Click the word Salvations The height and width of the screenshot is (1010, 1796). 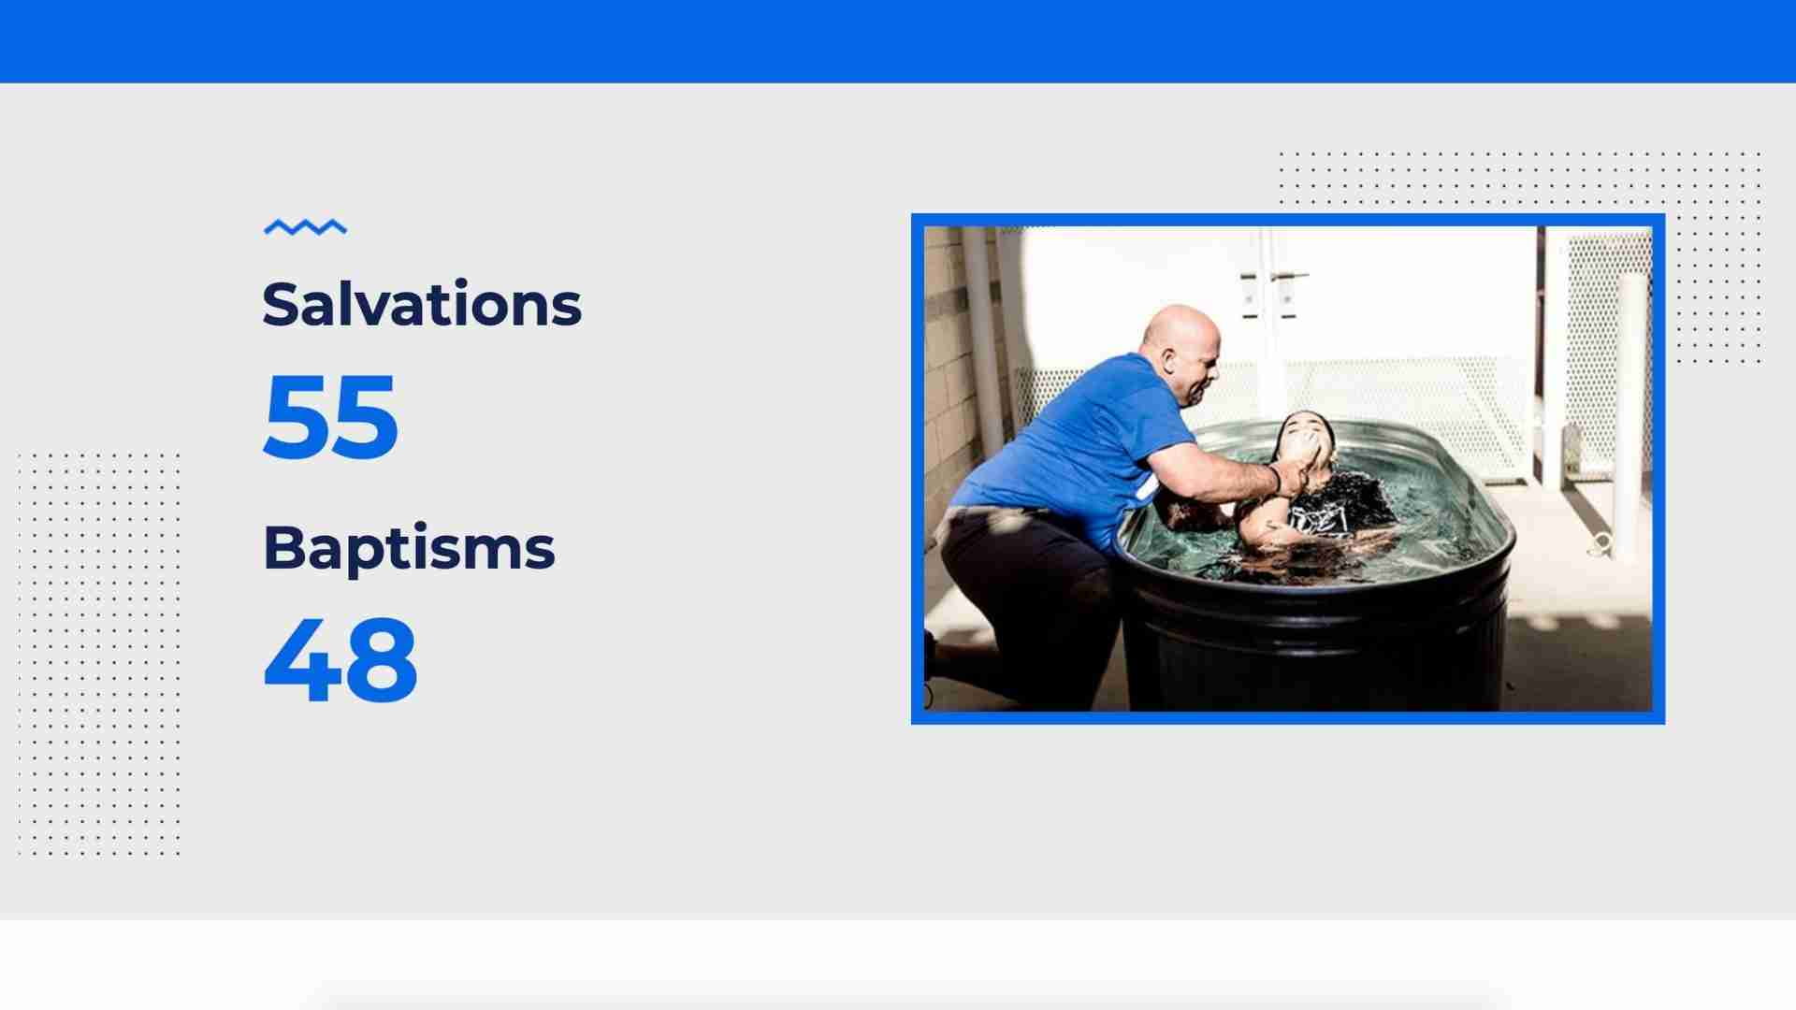(x=422, y=304)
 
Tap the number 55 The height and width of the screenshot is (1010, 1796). (x=331, y=416)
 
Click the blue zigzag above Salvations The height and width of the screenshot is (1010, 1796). (x=305, y=227)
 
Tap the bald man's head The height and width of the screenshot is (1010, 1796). (x=1181, y=353)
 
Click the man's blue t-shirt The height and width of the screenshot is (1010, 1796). (x=1076, y=440)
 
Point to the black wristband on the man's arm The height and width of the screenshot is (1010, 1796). (x=1274, y=478)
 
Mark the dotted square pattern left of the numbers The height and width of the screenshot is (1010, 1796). (x=98, y=654)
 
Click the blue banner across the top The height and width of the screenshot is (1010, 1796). (x=898, y=41)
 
